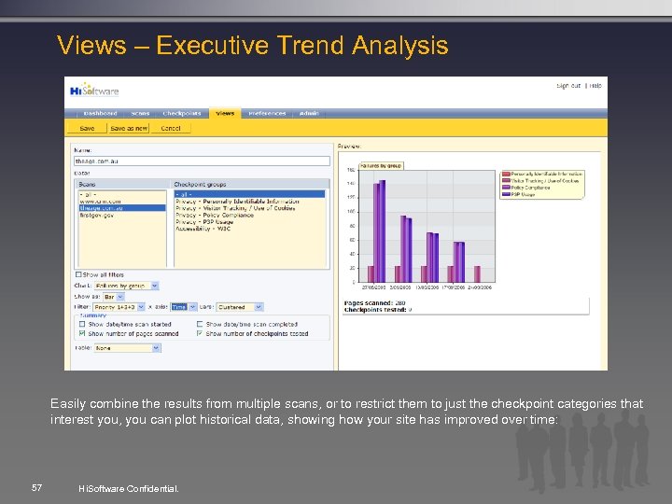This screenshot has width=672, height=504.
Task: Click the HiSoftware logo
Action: pyautogui.click(x=92, y=91)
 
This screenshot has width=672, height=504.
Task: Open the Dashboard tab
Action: pyautogui.click(x=100, y=113)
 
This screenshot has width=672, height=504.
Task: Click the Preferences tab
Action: pyautogui.click(x=266, y=113)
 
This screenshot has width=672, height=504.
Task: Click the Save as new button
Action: pyautogui.click(x=129, y=128)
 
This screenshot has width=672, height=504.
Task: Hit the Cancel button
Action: pyautogui.click(x=171, y=128)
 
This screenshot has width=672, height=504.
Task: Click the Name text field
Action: pyautogui.click(x=202, y=161)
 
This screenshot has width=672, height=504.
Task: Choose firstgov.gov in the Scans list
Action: pyautogui.click(x=96, y=214)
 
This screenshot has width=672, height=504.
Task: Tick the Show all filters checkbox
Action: pyautogui.click(x=78, y=274)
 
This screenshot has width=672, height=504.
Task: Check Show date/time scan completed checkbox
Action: pyautogui.click(x=200, y=324)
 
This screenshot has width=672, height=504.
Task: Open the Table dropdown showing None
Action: pyautogui.click(x=127, y=347)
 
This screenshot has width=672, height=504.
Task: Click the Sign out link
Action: pyautogui.click(x=567, y=86)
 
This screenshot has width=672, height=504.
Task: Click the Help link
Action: pyautogui.click(x=595, y=86)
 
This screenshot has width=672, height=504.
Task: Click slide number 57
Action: pyautogui.click(x=36, y=487)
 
